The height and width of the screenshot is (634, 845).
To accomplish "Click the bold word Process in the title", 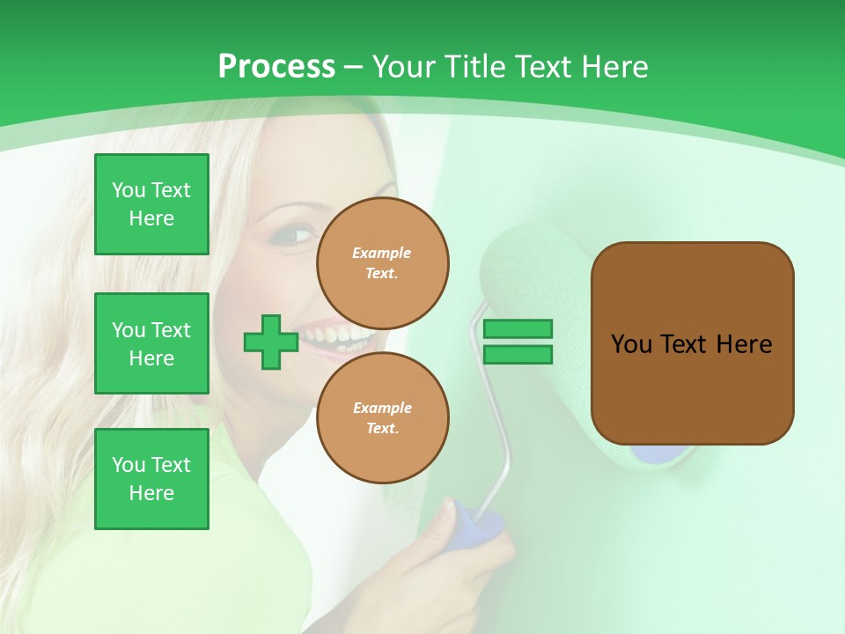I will coord(276,67).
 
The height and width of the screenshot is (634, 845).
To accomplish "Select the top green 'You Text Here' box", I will coord(151,204).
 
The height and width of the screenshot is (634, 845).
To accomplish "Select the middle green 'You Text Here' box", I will coord(151,343).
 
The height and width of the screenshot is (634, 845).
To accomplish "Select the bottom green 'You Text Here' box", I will coord(151,479).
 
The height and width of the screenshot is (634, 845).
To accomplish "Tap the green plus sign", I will coord(270,342).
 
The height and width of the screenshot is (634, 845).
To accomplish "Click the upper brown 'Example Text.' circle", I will coord(382,263).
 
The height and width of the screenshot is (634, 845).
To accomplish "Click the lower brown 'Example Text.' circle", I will coord(382,417).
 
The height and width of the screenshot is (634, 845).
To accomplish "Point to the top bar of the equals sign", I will coord(518,328).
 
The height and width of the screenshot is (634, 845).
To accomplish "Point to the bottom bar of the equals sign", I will coord(518,354).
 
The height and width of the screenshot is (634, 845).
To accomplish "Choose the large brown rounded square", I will coord(692,343).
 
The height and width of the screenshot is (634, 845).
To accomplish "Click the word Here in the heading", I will coord(614,67).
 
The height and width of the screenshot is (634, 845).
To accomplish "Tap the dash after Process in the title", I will coord(354,67).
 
